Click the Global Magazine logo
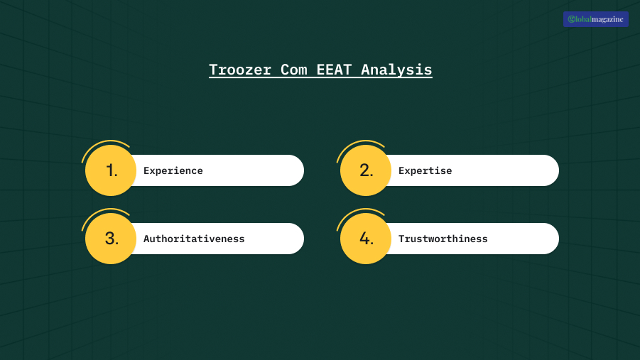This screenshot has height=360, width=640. tap(595, 19)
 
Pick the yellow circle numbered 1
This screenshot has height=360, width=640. tap(111, 170)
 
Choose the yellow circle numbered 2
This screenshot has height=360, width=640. tap(366, 170)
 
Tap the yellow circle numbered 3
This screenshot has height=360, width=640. tap(111, 239)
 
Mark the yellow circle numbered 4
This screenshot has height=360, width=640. tap(366, 239)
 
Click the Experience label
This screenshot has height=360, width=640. tap(173, 171)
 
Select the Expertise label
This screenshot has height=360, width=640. tap(425, 171)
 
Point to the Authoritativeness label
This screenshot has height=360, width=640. tap(194, 239)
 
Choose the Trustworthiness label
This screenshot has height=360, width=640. tap(443, 239)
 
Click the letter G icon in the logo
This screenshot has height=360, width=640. tap(572, 19)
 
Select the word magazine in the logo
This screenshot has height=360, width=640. tap(607, 19)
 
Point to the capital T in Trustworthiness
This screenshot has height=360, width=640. tap(401, 239)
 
